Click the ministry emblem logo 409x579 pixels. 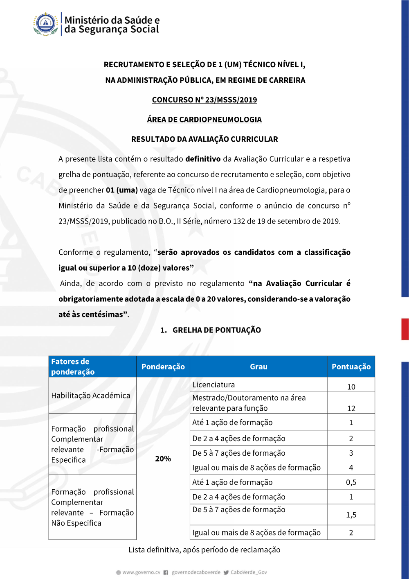click(x=46, y=24)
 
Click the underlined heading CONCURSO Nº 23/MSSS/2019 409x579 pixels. click(x=204, y=100)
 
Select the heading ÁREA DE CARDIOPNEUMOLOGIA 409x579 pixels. click(x=204, y=120)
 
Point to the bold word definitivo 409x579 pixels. click(x=203, y=159)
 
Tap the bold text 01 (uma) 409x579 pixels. click(x=121, y=190)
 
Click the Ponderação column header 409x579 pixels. click(x=163, y=367)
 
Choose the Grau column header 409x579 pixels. click(x=258, y=367)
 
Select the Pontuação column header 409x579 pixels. click(x=351, y=367)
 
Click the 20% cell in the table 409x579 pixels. click(x=163, y=459)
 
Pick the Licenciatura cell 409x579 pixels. click(x=213, y=385)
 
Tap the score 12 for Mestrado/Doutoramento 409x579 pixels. click(x=351, y=408)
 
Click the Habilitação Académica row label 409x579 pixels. click(x=91, y=396)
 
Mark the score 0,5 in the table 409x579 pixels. click(x=351, y=482)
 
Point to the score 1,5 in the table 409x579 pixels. click(x=351, y=515)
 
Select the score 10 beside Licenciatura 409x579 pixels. click(x=351, y=387)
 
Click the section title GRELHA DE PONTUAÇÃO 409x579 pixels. click(x=216, y=330)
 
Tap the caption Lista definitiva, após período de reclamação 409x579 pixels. click(x=204, y=550)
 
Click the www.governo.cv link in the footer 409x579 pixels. click(x=141, y=572)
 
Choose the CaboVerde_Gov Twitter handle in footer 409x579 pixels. click(x=249, y=572)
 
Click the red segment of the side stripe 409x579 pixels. click(x=405, y=329)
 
